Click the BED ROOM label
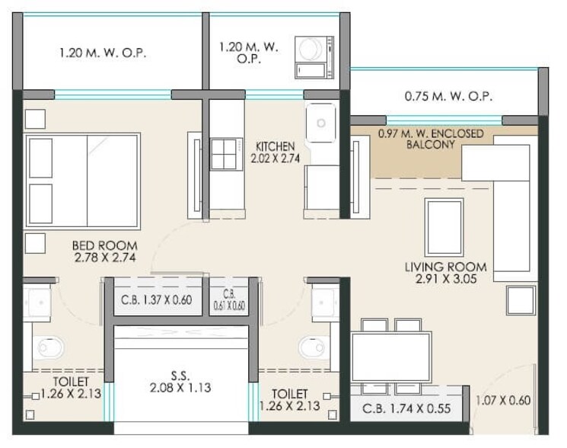(105, 252)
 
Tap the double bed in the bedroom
(82, 181)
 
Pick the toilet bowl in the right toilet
(313, 347)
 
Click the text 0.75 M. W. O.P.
(448, 97)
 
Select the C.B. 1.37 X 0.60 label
(157, 300)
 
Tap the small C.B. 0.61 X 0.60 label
(228, 300)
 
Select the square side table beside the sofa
(521, 300)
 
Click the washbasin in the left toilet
(37, 302)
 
